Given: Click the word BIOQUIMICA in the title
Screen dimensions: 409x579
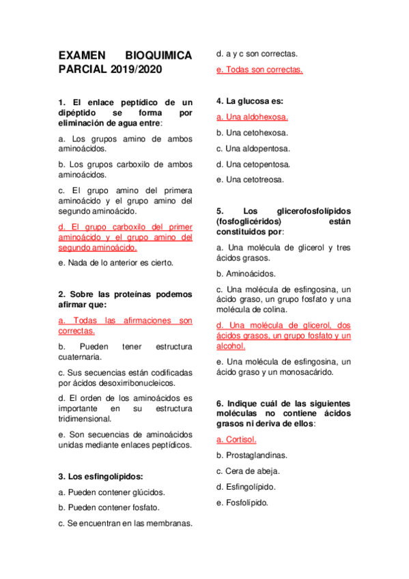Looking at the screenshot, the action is [x=158, y=55].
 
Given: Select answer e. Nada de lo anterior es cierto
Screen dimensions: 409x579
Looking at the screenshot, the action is [x=116, y=262].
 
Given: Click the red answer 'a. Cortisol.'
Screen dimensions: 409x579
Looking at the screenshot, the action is [x=236, y=439].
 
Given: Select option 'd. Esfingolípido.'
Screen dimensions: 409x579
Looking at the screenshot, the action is [x=246, y=487].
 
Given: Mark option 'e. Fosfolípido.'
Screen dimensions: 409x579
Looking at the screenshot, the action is [x=242, y=503].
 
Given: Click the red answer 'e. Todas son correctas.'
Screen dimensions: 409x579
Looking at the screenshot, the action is [x=259, y=69].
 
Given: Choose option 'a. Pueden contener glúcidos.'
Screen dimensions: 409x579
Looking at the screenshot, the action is [x=112, y=492].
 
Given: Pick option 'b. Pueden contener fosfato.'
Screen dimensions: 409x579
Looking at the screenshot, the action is [x=109, y=507].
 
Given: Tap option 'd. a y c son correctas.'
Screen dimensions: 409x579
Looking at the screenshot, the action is [x=256, y=53].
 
